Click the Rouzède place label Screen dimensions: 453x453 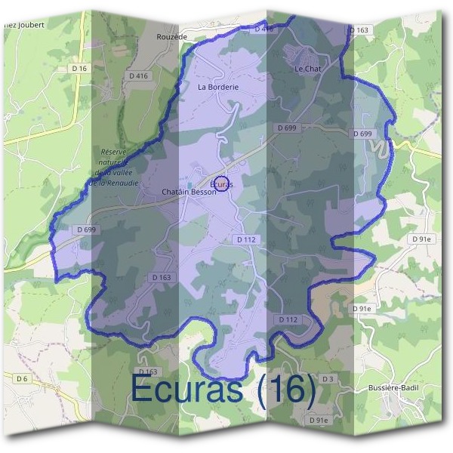coord(171,35)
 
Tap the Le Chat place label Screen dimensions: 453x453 coord(308,69)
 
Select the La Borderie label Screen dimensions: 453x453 coord(218,87)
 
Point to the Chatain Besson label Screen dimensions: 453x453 coord(189,192)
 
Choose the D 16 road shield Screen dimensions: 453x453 coord(80,68)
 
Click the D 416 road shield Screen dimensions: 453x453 coord(137,75)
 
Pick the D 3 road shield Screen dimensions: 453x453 coord(327,378)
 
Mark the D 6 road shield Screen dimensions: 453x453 coord(21,378)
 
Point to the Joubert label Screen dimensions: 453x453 coord(26,24)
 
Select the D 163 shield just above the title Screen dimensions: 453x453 coord(148,371)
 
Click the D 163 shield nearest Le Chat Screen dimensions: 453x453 coord(359,30)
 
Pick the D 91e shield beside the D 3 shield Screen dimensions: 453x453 coord(319,420)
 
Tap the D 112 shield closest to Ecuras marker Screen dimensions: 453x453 coord(246,239)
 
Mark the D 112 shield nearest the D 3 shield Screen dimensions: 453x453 coord(288,319)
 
